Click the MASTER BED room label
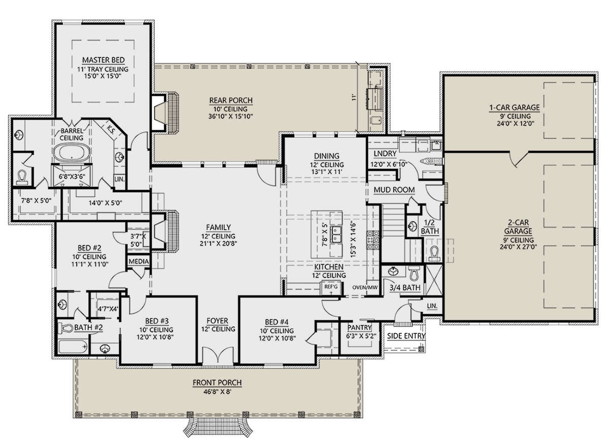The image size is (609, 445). [104, 60]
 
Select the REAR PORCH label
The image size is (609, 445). [231, 100]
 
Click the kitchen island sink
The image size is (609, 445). [336, 234]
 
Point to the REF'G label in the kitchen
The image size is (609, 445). [331, 287]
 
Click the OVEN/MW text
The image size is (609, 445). [365, 287]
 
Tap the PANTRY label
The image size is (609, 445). [359, 327]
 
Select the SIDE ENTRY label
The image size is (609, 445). [406, 336]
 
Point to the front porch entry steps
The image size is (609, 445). [218, 427]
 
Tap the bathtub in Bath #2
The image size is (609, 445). [73, 347]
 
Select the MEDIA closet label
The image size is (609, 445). [139, 262]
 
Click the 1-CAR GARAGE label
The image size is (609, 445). [515, 108]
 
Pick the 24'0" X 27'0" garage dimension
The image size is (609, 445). [518, 247]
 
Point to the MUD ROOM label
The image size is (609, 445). [394, 190]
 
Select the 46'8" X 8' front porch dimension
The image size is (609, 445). [217, 392]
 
